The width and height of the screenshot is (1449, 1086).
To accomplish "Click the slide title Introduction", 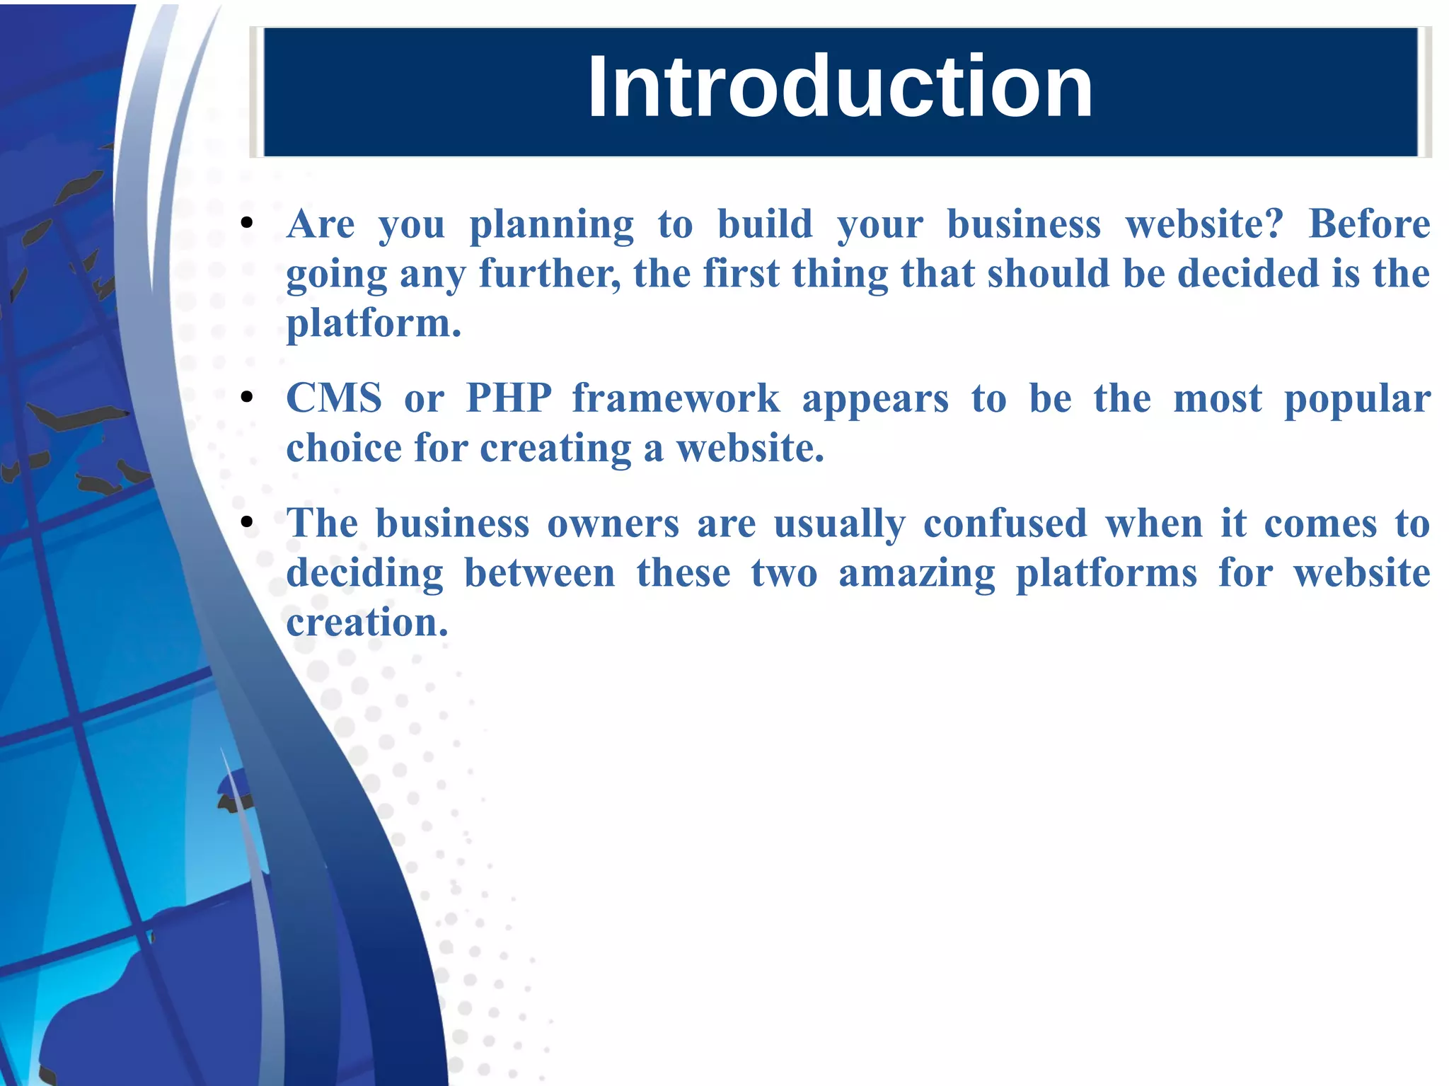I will click(840, 88).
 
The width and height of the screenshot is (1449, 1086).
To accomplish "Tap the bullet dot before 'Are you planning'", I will click(247, 224).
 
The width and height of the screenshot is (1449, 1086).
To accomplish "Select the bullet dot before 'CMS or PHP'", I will click(247, 398).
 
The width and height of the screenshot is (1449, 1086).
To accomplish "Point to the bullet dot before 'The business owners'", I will click(247, 523).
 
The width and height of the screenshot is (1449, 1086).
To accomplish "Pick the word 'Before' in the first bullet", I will click(1369, 225).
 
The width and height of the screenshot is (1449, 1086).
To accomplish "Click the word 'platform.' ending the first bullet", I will click(374, 324).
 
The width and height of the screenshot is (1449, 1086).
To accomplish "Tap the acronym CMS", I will click(334, 398).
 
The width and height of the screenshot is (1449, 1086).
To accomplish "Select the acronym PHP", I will click(509, 398).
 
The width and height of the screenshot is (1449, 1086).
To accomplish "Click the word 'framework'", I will click(676, 398).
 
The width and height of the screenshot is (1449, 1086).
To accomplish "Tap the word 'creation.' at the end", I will click(367, 623).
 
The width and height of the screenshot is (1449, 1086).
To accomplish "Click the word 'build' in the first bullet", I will click(765, 225).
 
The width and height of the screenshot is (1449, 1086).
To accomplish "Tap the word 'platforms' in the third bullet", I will click(1107, 574).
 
